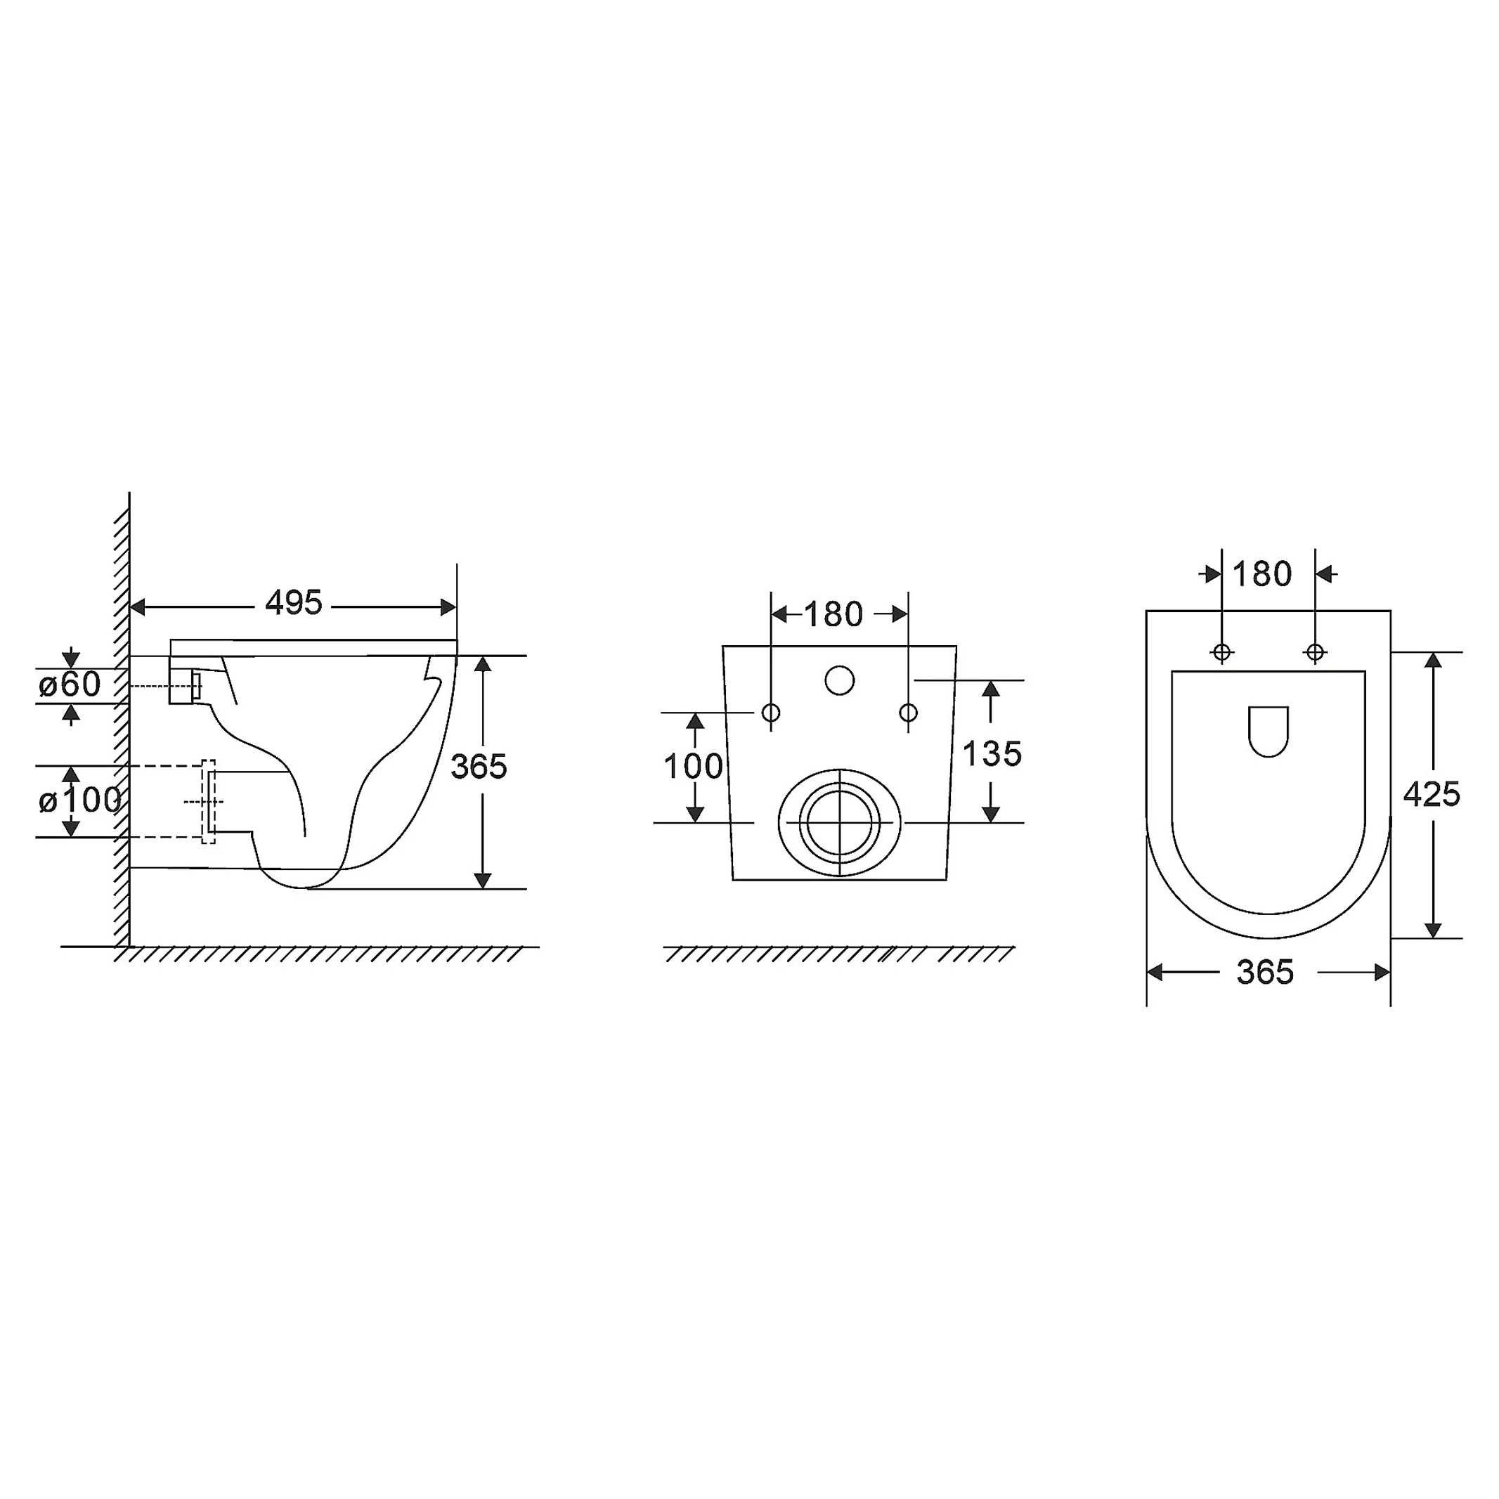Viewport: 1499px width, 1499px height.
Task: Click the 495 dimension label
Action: pyautogui.click(x=293, y=603)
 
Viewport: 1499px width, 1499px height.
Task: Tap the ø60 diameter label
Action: pyautogui.click(x=70, y=684)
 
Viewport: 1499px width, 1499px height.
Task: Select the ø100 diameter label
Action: pyautogui.click(x=80, y=800)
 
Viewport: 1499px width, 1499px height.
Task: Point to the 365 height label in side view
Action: pyautogui.click(x=479, y=767)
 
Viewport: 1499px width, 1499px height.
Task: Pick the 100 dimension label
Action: pyautogui.click(x=693, y=767)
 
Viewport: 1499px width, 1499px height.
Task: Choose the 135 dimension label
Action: pyautogui.click(x=992, y=753)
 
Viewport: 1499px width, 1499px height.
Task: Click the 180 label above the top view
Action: pyautogui.click(x=1262, y=574)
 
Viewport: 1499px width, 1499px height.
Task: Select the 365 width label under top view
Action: pyautogui.click(x=1266, y=972)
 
